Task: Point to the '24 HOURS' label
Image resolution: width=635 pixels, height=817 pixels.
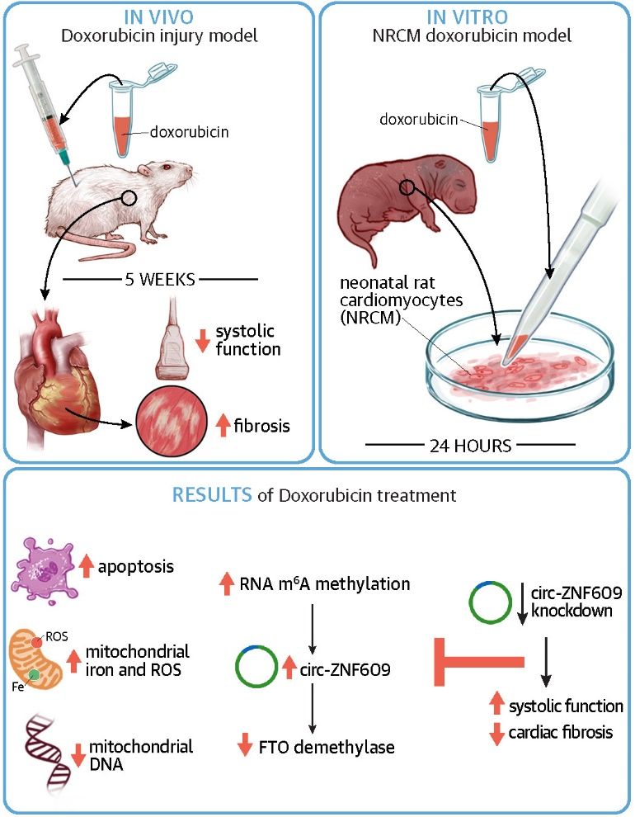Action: [471, 446]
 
